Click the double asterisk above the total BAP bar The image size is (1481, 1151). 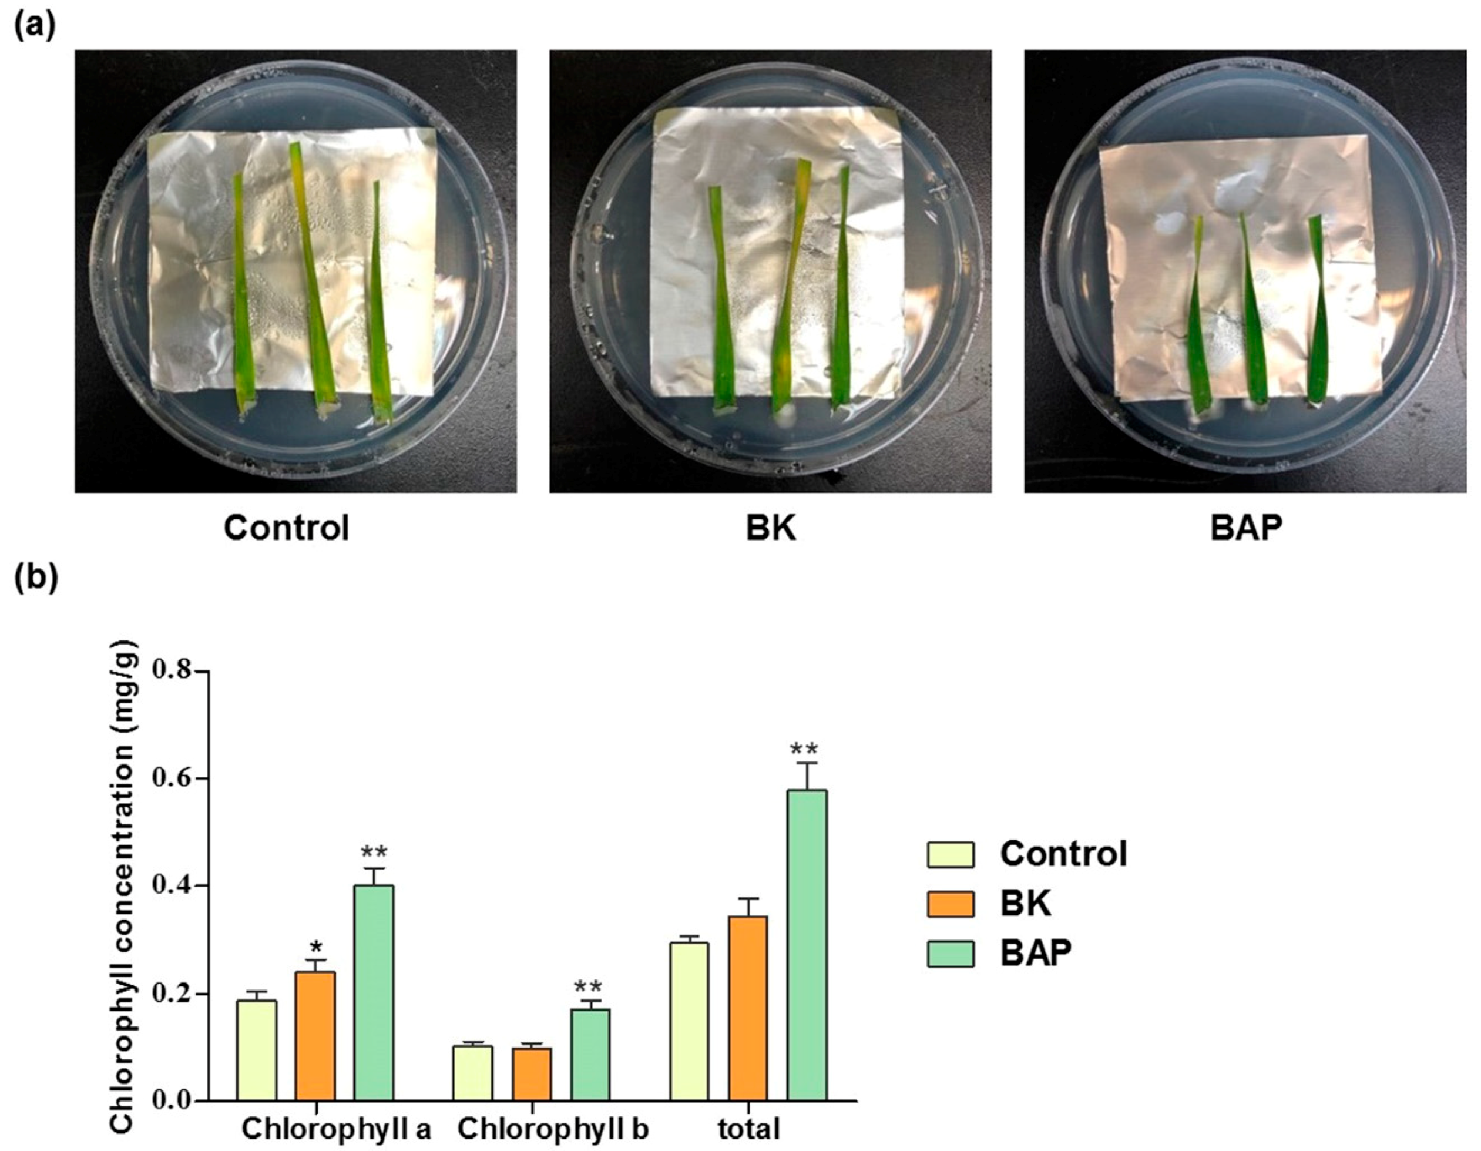[804, 750]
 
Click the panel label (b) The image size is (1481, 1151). [35, 580]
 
